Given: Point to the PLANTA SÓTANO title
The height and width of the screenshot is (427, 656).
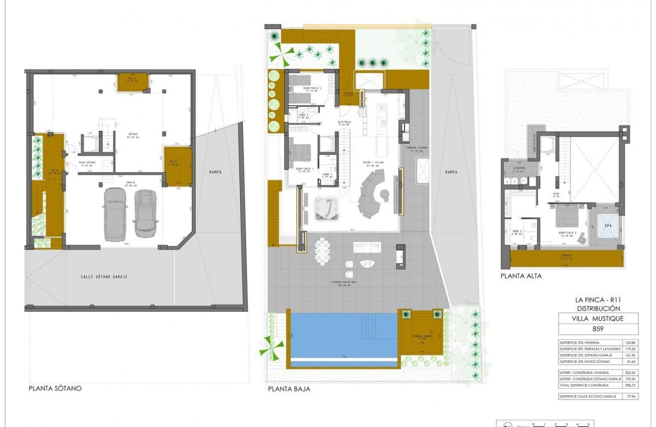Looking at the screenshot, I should tap(55, 389).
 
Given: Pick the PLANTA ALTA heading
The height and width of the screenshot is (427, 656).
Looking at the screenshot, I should tap(521, 276).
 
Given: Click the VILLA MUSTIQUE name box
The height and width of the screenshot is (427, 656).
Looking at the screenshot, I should tap(598, 319).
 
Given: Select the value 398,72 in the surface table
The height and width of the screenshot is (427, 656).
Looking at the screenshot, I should tap(630, 386).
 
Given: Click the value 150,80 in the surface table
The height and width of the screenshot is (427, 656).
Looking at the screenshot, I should tap(630, 342).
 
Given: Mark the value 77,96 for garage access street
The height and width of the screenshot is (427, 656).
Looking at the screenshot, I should tap(630, 397).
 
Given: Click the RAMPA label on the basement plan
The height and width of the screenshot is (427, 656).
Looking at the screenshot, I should tap(215, 172).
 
